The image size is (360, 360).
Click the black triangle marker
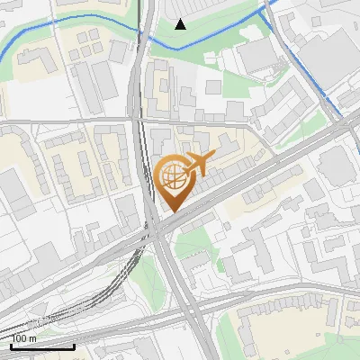click(x=180, y=23)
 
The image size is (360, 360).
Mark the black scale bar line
click(x=42, y=346)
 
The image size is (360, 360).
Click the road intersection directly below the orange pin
click(x=158, y=229)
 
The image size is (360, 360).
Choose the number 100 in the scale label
click(x=19, y=338)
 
